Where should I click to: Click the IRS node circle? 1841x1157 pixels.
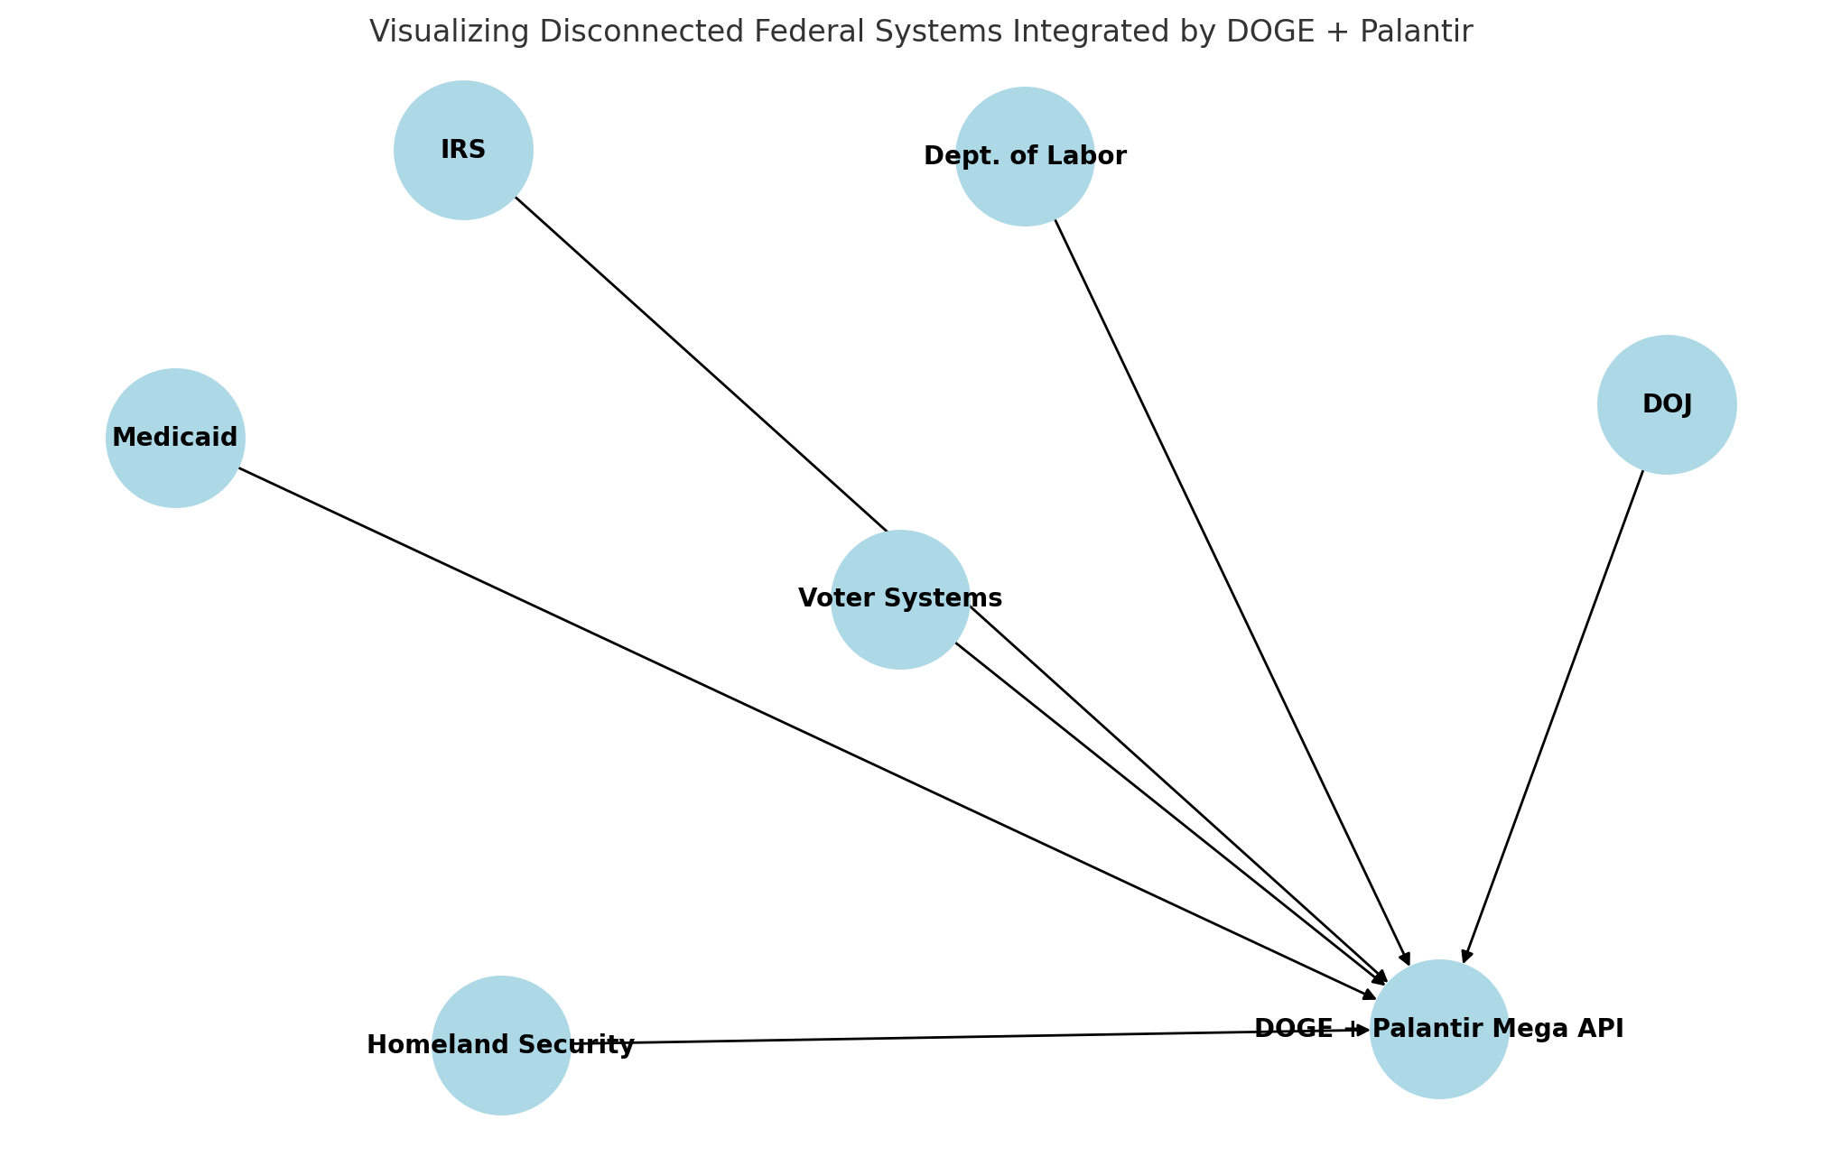coord(463,150)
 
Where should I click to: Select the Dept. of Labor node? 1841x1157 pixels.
coord(1025,156)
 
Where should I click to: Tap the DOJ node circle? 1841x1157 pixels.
coord(1667,404)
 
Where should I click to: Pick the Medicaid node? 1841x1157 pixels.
coord(175,438)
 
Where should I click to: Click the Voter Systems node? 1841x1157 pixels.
coord(900,599)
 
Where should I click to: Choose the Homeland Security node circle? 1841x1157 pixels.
coord(501,1045)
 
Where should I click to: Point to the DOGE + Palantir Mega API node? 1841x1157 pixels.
coord(1439,1029)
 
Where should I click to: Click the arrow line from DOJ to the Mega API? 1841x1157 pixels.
coord(1553,713)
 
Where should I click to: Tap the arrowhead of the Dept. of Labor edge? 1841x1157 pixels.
coord(1405,958)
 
